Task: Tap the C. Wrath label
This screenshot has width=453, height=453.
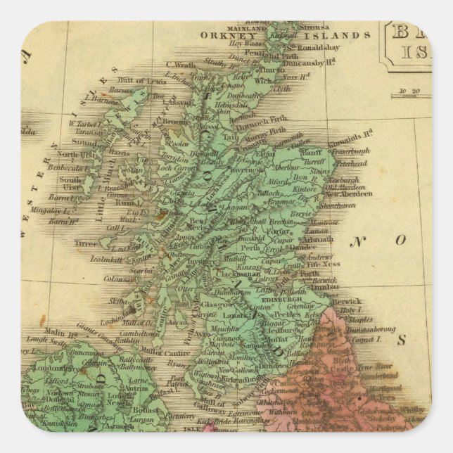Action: click(179, 66)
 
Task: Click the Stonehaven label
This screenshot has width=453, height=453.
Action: click(347, 208)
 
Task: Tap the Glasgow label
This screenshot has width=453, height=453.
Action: click(218, 305)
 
